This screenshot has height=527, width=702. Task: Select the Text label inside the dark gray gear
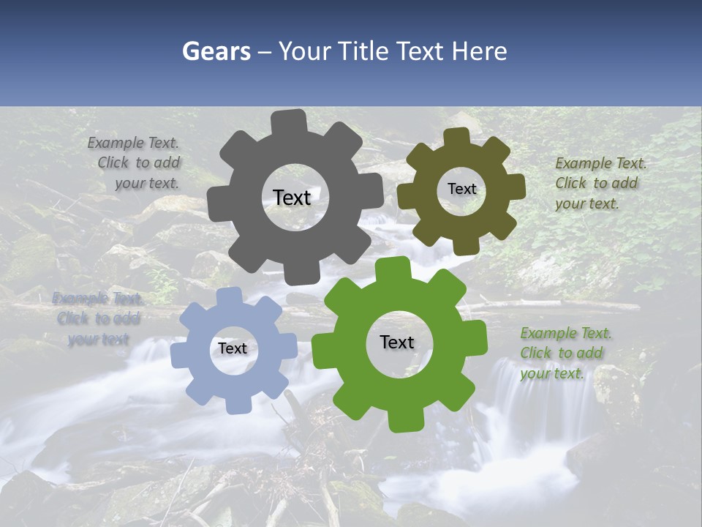(x=292, y=198)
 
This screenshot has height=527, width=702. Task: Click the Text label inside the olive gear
(x=461, y=189)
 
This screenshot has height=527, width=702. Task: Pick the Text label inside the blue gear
(x=233, y=349)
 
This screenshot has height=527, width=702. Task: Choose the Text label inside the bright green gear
(x=397, y=343)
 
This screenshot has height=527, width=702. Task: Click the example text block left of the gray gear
(x=136, y=163)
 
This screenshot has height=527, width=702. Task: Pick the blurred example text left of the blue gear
(x=97, y=318)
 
